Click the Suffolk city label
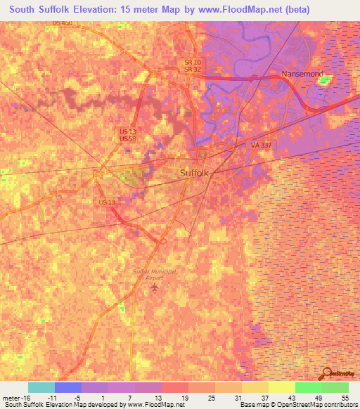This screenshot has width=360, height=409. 195,173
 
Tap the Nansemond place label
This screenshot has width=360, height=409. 301,74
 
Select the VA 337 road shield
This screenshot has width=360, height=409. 261,145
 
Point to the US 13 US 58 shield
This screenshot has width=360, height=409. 129,136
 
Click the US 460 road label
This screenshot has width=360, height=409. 62,23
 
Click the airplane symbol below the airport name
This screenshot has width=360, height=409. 155,288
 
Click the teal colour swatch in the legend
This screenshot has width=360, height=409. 41,387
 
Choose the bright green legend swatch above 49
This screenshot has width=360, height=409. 308,387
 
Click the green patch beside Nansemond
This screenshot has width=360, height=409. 324,80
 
